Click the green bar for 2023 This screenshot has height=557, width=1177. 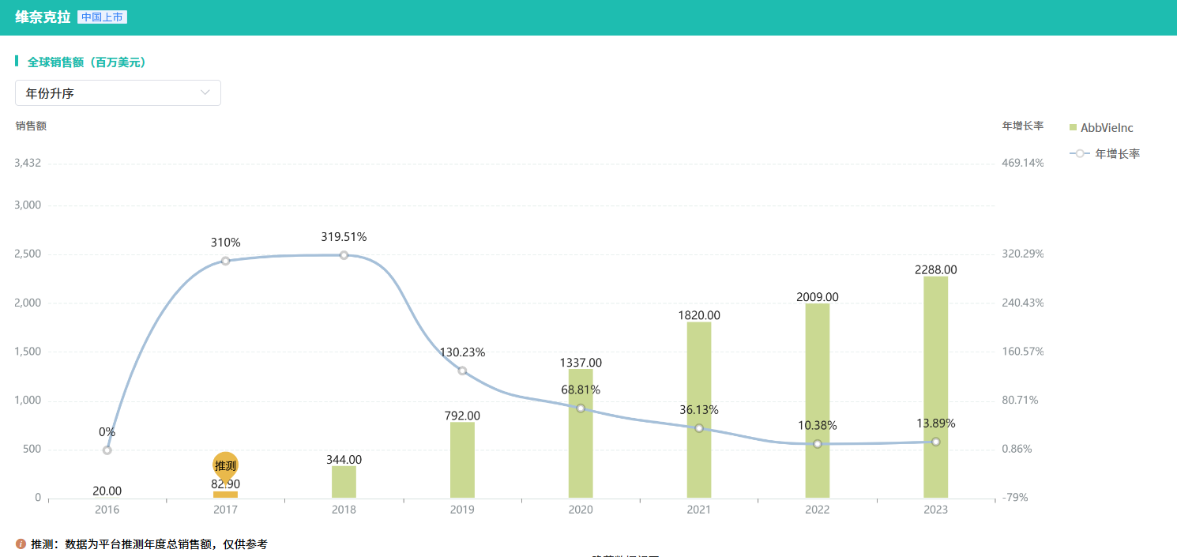[x=935, y=387]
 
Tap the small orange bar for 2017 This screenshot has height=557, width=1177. [x=225, y=495]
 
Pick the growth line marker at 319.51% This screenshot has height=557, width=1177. [x=344, y=255]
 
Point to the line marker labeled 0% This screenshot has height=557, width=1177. [x=107, y=450]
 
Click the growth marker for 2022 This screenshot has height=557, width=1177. [x=818, y=444]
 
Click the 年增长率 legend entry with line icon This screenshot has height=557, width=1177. [x=1106, y=154]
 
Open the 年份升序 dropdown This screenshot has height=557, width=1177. [x=118, y=93]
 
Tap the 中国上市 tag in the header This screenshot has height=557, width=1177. [x=102, y=17]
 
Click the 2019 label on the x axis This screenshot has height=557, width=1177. [x=462, y=510]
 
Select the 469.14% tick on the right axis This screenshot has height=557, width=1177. [x=1023, y=164]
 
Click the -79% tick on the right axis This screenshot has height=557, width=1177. [x=1014, y=498]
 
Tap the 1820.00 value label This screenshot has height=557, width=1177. [x=699, y=315]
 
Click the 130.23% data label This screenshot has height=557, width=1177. [x=462, y=352]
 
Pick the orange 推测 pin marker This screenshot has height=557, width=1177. [x=225, y=465]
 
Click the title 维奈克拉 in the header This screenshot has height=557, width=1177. [x=43, y=17]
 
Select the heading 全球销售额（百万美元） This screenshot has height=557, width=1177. [x=87, y=62]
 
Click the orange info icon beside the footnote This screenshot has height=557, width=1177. [x=21, y=544]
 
